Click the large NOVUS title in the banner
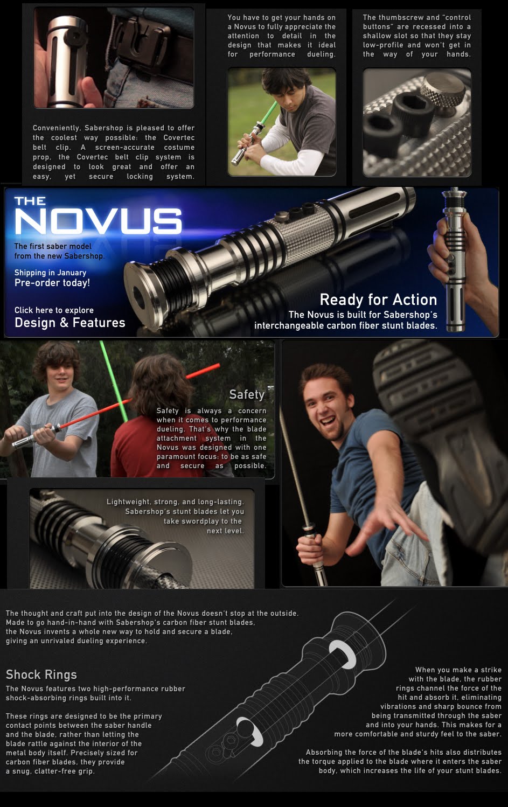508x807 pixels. (x=98, y=221)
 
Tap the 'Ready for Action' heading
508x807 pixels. (x=378, y=300)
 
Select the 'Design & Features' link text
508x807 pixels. (x=70, y=323)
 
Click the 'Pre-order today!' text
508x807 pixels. (x=52, y=283)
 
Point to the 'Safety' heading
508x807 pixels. (x=247, y=394)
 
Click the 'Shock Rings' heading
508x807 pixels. (x=41, y=674)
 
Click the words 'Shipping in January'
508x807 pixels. (x=51, y=273)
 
